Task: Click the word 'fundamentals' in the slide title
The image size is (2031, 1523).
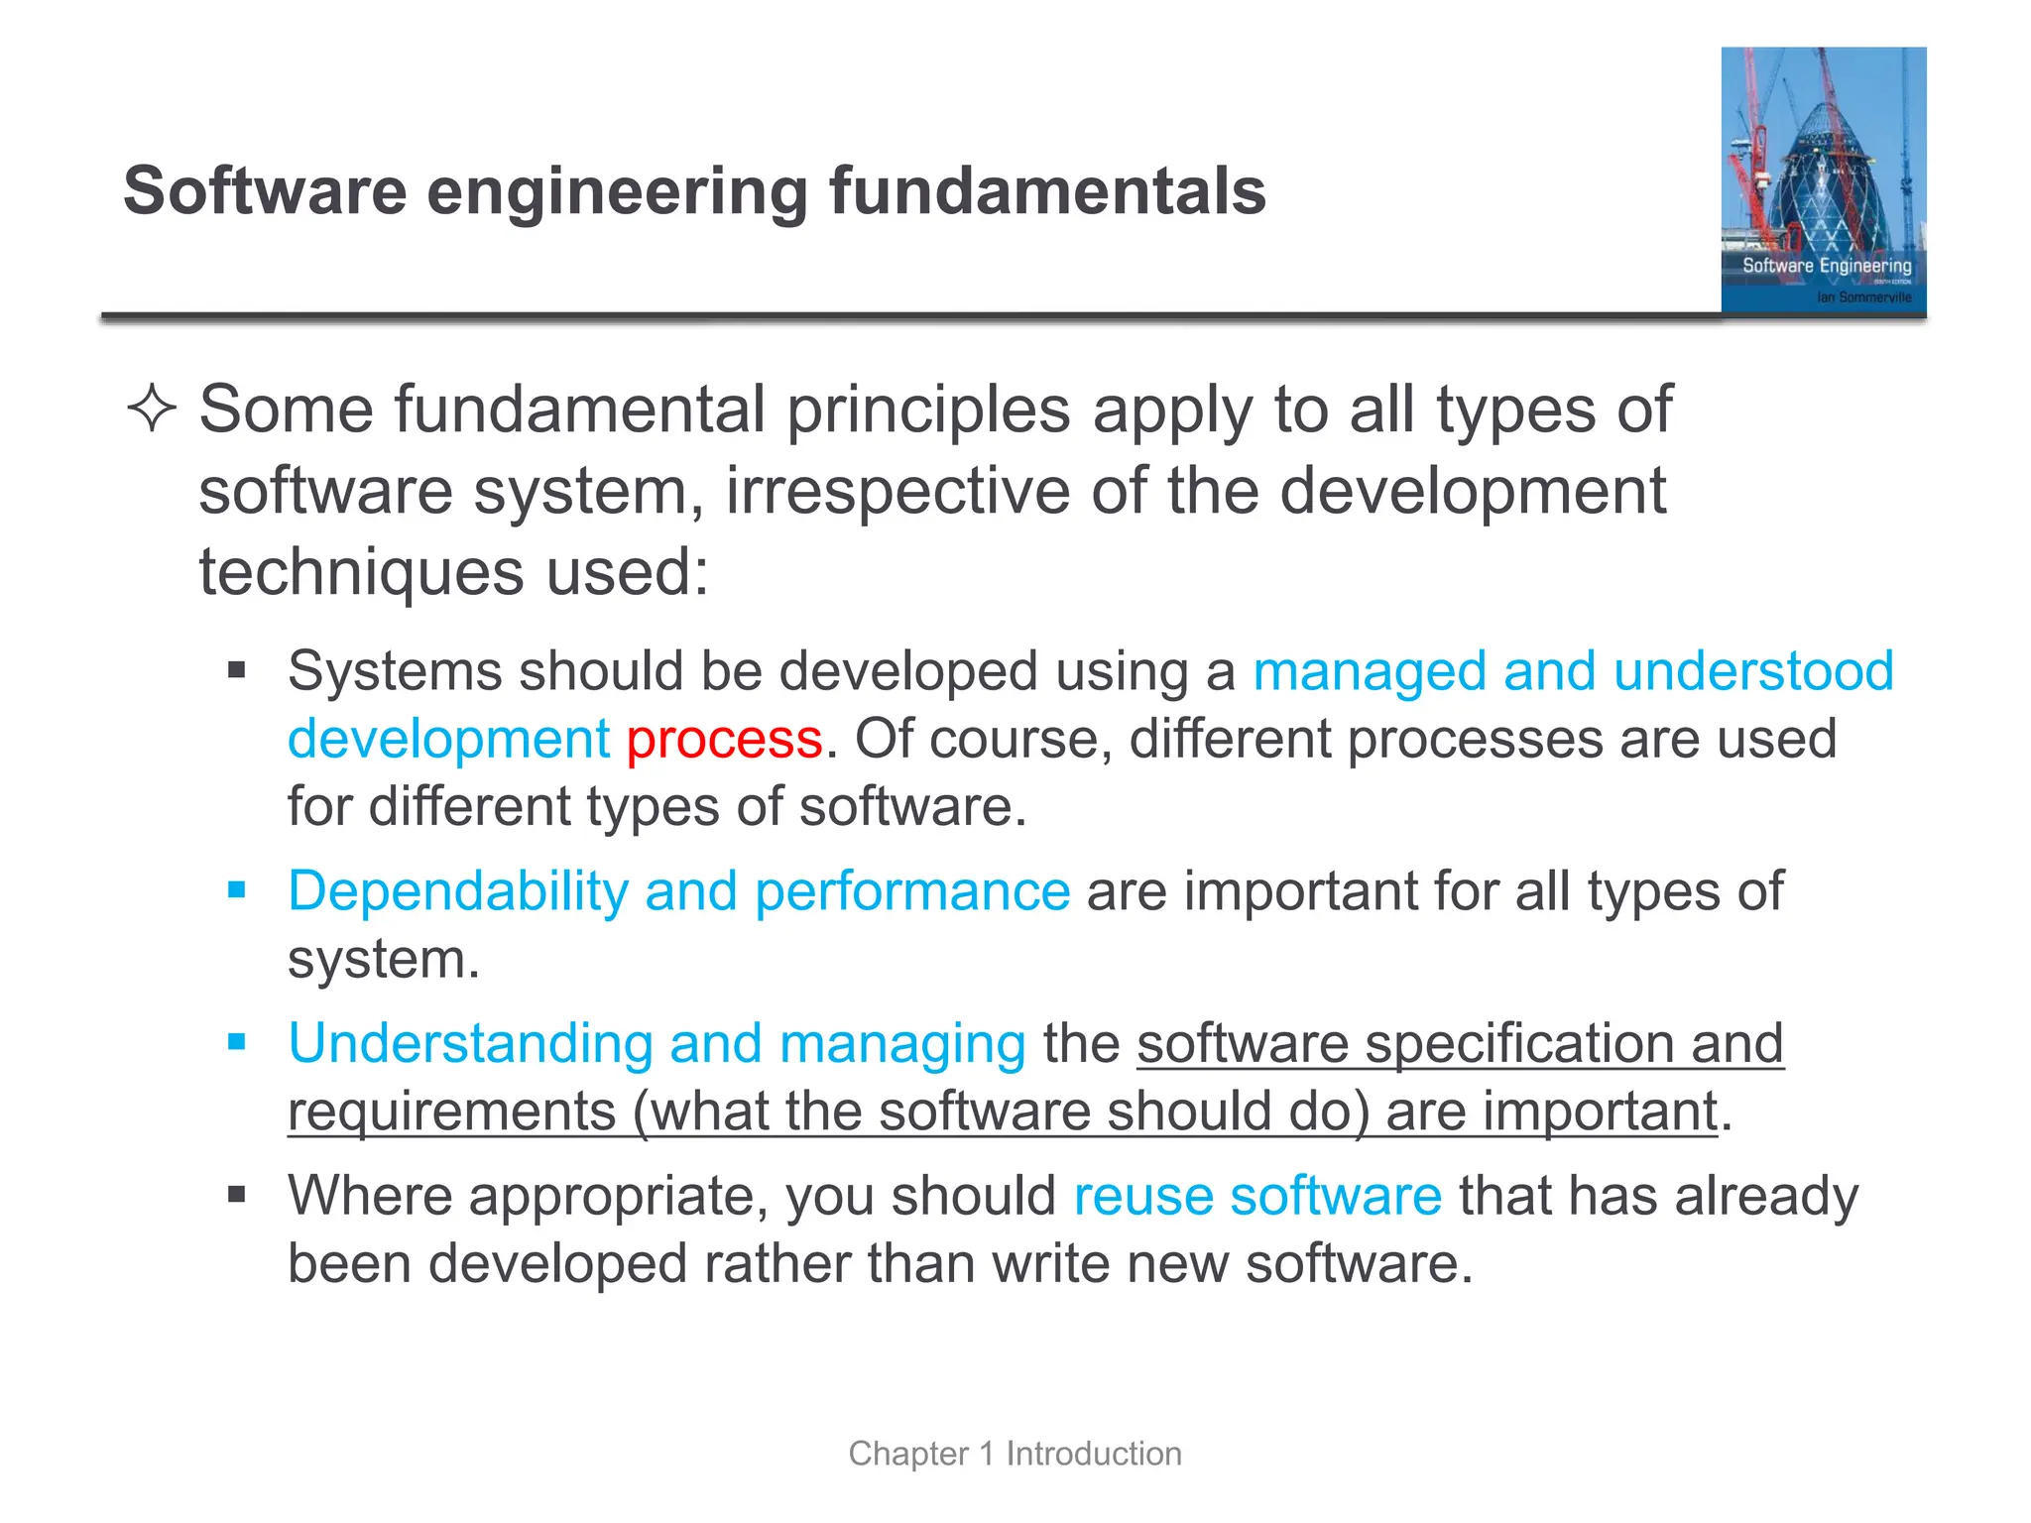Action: click(x=1047, y=190)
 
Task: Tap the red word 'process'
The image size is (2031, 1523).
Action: click(x=724, y=740)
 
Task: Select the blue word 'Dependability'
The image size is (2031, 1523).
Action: click(x=457, y=891)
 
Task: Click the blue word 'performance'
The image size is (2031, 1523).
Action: click(x=911, y=891)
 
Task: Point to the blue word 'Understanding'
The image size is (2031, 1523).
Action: click(x=470, y=1044)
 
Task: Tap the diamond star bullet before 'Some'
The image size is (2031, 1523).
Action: click(x=152, y=409)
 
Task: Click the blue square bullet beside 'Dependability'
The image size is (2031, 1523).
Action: click(x=236, y=889)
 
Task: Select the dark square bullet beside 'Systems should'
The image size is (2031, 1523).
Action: click(x=236, y=670)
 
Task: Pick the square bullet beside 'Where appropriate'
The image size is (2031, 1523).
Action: click(x=236, y=1194)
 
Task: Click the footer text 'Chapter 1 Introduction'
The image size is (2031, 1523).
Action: click(x=1015, y=1454)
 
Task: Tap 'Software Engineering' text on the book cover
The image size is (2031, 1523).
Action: click(x=1827, y=266)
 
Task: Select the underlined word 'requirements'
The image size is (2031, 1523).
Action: click(x=452, y=1112)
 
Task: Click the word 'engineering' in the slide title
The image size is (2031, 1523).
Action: click(x=618, y=192)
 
